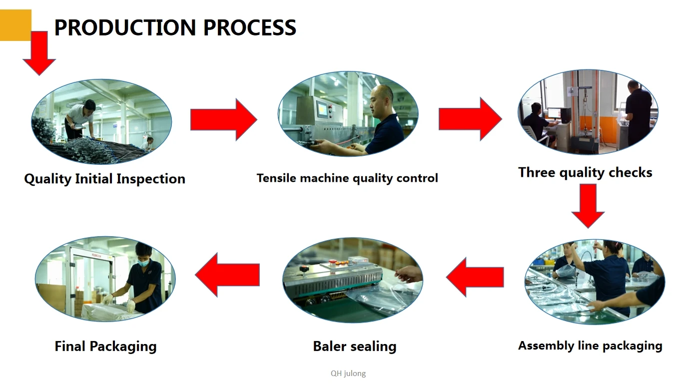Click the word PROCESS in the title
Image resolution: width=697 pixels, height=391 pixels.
coord(249,27)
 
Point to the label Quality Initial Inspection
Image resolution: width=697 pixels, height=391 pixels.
coord(104,179)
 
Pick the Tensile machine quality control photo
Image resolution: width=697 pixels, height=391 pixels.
coord(348,114)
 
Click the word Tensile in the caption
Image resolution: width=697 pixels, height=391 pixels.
coord(276,178)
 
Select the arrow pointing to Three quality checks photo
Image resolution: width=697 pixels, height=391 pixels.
coord(470,119)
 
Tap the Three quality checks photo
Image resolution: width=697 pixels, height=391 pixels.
coord(588,111)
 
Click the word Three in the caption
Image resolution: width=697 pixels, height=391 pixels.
coord(537,173)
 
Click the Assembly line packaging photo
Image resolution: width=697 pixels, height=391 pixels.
coord(595,282)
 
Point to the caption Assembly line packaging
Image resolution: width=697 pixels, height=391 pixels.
coord(590,346)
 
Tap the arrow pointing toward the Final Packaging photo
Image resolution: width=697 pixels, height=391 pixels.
coord(227,274)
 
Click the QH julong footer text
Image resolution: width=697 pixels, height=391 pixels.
coord(348,373)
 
